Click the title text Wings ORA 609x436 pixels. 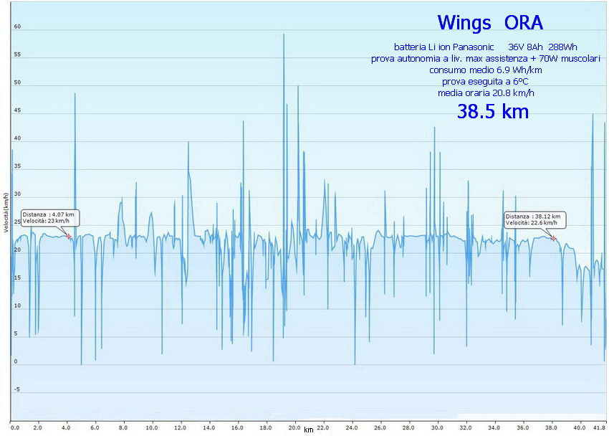point(490,22)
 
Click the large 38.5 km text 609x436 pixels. point(493,111)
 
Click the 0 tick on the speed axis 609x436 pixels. point(16,361)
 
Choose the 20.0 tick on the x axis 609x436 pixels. point(294,428)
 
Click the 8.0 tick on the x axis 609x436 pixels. point(123,428)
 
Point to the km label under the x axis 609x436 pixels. point(308,430)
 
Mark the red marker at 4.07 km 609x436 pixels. point(69,237)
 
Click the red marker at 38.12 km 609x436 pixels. point(554,238)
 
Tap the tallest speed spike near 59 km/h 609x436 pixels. point(284,36)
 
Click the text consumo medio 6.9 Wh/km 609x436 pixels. point(485,70)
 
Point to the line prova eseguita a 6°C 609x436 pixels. point(485,81)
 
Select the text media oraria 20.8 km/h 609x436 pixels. point(486,93)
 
